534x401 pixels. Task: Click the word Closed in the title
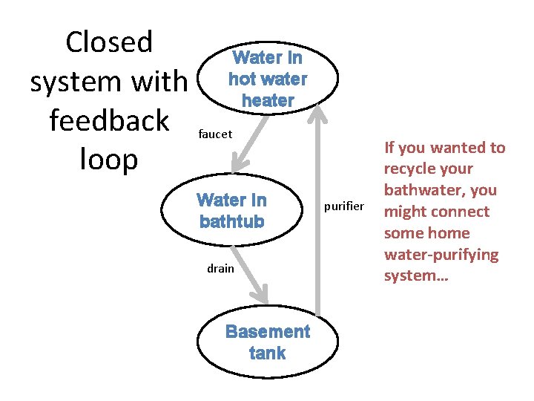click(x=109, y=42)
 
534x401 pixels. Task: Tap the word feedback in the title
click(x=109, y=121)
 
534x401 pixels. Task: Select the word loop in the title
click(x=109, y=160)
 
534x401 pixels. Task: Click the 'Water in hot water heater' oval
click(x=268, y=79)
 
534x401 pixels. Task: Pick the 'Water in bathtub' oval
click(x=231, y=211)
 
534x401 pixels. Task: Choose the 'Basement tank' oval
click(x=268, y=342)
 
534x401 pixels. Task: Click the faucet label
click(x=216, y=134)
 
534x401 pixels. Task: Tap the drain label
click(x=220, y=268)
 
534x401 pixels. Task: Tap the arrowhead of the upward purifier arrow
click(x=319, y=113)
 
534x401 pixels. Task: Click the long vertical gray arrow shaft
click(x=319, y=223)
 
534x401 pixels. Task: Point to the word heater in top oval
click(x=268, y=100)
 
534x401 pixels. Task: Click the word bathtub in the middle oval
click(x=231, y=221)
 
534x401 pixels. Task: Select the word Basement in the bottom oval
click(x=268, y=332)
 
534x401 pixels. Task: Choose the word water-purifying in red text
click(x=441, y=255)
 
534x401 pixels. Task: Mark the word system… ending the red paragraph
click(x=410, y=276)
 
